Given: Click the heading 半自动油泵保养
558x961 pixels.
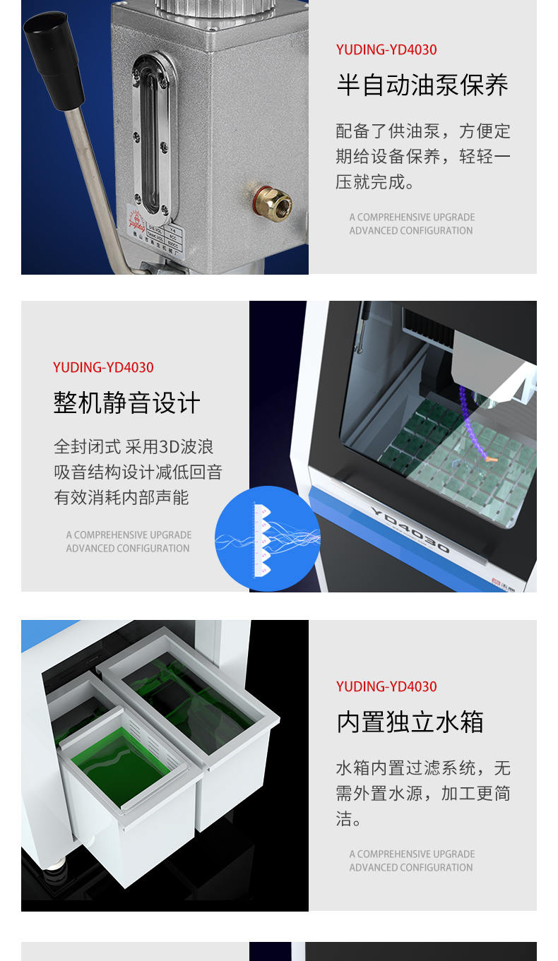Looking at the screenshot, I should coord(422,85).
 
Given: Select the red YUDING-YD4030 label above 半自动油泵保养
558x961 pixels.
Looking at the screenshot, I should coord(386,49).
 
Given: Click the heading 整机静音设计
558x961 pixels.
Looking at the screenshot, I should coord(127,403).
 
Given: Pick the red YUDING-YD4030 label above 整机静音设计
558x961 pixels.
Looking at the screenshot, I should coord(103,367).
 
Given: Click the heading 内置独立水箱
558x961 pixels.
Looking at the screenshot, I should coord(410,722).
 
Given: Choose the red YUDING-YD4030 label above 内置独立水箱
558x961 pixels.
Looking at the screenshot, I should coord(386,686).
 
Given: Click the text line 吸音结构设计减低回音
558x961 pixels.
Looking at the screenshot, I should coord(138,472).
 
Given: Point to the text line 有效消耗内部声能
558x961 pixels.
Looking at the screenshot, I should coord(121,498).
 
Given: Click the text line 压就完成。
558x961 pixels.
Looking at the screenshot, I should coord(374,182).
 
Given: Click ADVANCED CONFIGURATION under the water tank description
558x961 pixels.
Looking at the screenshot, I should coord(410,867).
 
